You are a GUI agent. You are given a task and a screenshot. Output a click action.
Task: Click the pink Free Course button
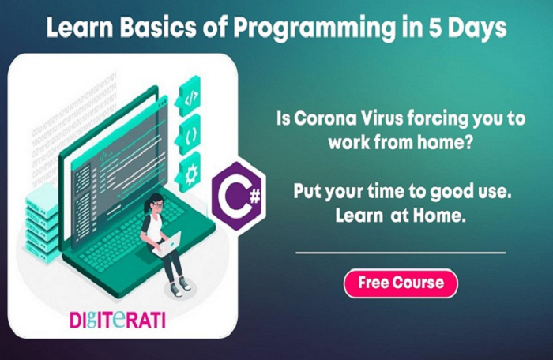401,283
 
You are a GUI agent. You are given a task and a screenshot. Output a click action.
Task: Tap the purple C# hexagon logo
239,196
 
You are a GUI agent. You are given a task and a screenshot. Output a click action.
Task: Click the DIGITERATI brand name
118,320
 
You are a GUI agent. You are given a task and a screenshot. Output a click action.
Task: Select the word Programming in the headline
314,28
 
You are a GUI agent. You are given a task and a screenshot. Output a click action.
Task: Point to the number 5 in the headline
436,28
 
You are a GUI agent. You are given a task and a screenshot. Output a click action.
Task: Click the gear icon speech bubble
189,173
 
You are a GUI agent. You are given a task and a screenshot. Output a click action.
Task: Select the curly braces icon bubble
189,134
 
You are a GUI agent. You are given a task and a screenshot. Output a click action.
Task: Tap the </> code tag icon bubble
189,96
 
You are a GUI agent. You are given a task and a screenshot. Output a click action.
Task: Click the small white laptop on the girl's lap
167,244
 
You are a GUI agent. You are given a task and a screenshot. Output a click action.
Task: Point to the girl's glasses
158,205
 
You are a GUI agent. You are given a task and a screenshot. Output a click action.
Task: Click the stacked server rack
42,225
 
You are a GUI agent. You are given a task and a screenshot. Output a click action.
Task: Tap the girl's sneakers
181,287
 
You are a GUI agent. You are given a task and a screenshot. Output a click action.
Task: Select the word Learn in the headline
80,28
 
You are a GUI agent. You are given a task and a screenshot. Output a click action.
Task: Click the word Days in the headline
478,29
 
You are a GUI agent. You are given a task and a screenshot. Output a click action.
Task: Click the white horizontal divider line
401,253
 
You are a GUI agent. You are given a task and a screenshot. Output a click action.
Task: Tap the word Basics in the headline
158,28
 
